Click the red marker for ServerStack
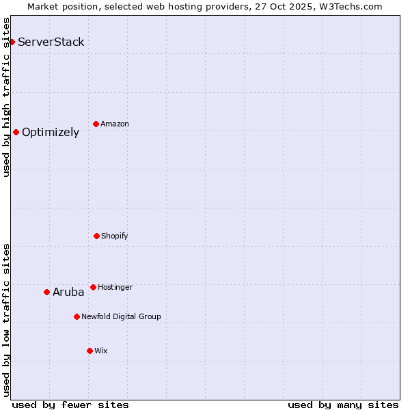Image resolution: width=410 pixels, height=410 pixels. pos(12,42)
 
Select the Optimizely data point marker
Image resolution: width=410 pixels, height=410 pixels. pos(16,132)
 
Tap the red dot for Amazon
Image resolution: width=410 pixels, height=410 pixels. pos(96,124)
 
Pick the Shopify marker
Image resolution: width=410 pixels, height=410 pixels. pos(96,236)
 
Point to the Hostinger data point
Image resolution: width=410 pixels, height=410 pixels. pos(93,287)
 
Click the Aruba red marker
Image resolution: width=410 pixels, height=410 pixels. pos(46,292)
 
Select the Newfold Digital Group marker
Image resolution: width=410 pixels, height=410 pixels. pos(77,316)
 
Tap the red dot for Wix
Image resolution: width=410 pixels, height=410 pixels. pos(90,351)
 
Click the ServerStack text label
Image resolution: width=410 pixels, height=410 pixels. pos(51,42)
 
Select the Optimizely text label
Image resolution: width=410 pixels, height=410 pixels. pos(51,133)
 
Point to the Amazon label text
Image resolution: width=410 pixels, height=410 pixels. pos(115,124)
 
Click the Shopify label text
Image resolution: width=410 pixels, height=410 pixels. pos(115,236)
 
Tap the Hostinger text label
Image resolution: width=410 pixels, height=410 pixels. pos(115,288)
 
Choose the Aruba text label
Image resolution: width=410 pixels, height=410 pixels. pos(68,292)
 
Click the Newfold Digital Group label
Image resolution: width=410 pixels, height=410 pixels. pos(121,317)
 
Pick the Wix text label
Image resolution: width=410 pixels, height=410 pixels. pos(101,351)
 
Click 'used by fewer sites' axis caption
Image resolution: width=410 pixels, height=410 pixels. pos(70,405)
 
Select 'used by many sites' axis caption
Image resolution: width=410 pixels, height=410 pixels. pos(343,405)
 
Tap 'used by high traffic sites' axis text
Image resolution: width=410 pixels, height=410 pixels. pos(7,97)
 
